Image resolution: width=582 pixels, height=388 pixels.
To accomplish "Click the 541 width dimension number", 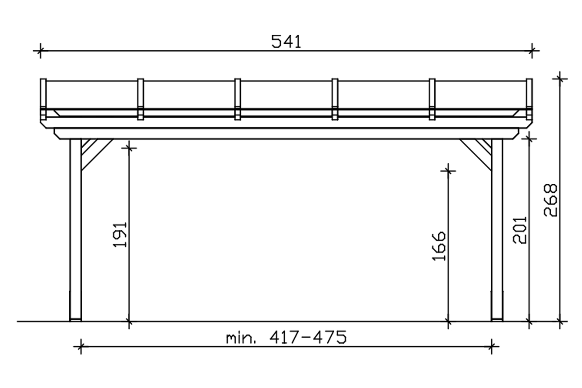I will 286,42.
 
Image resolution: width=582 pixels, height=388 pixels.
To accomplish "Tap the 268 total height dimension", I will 550,200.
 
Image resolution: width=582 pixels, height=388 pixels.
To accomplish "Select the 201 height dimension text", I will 520,230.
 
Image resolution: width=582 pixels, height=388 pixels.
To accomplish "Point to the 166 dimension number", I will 439,246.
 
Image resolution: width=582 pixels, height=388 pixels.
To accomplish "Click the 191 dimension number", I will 120,235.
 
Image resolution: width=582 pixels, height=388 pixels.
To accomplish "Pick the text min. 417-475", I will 286,338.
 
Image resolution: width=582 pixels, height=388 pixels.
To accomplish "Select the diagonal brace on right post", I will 475,154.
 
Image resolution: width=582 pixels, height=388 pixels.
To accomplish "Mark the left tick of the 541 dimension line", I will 40,51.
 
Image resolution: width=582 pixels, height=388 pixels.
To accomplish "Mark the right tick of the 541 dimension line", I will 532,51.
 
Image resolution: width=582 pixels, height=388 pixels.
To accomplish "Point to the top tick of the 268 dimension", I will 560,79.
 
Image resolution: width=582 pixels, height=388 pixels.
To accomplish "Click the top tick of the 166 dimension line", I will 448,171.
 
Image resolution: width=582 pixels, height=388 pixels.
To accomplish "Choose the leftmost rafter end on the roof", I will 43,99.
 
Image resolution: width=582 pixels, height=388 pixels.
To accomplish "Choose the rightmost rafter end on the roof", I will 530,99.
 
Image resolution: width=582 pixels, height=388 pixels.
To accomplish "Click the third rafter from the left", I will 237,99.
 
